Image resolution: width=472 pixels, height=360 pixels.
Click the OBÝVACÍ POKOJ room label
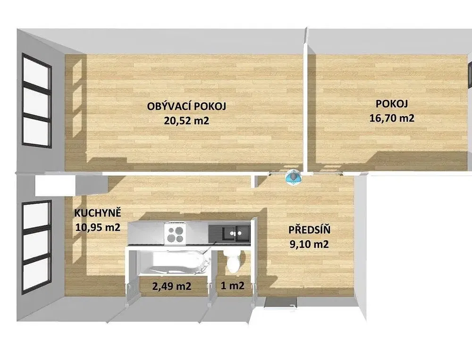pyautogui.click(x=186, y=106)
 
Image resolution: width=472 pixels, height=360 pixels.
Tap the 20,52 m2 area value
pyautogui.click(x=186, y=121)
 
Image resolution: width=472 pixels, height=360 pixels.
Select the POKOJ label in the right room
pyautogui.click(x=392, y=104)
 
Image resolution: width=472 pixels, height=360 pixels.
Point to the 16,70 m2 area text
pyautogui.click(x=392, y=117)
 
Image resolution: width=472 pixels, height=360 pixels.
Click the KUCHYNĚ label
pyautogui.click(x=98, y=213)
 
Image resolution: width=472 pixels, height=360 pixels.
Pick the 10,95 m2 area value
pyautogui.click(x=98, y=227)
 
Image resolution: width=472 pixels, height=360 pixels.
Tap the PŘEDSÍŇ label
pyautogui.click(x=310, y=230)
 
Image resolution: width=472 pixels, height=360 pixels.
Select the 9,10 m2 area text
pyautogui.click(x=309, y=244)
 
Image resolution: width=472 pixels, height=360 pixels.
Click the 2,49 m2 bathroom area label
pyautogui.click(x=172, y=286)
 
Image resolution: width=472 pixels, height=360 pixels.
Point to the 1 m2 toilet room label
pyautogui.click(x=232, y=285)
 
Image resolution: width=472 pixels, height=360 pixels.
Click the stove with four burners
pyautogui.click(x=175, y=234)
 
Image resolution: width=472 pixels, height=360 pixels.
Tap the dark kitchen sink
pyautogui.click(x=236, y=234)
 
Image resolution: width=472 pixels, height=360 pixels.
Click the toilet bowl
pyautogui.click(x=233, y=261)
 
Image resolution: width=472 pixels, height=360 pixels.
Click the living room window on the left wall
pyautogui.click(x=36, y=101)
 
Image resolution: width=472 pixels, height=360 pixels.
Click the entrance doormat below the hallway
pyautogui.click(x=278, y=301)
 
